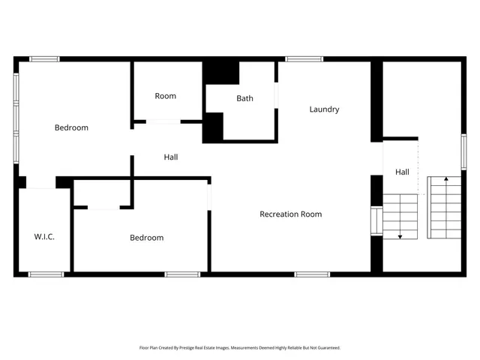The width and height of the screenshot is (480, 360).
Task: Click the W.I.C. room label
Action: coord(44,237)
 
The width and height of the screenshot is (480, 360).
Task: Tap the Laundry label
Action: coord(324,109)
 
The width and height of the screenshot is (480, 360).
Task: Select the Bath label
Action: coord(244,98)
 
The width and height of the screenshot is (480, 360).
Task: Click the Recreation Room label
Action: coord(290,214)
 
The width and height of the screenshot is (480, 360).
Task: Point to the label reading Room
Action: coord(165,96)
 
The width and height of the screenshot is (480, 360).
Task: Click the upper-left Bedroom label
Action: coord(71,127)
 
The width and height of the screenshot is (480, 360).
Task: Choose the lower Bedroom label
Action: coord(146,238)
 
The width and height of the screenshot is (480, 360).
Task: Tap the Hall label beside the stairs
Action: coord(402,172)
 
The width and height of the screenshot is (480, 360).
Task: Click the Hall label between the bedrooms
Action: coord(171,157)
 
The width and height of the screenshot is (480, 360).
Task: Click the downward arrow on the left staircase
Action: coord(400,235)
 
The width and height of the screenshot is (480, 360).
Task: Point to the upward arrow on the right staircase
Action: coord(446,179)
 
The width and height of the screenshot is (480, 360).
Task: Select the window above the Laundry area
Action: coord(304,58)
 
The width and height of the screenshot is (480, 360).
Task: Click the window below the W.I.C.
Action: coord(46,274)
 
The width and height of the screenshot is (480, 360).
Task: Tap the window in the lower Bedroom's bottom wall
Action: coord(182,274)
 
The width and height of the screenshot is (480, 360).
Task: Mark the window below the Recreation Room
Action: coord(312,274)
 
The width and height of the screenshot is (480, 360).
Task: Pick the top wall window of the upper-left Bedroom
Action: coord(45,58)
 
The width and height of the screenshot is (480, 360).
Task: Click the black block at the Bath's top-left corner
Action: coord(222,72)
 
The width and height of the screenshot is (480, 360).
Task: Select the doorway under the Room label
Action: coord(163,121)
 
